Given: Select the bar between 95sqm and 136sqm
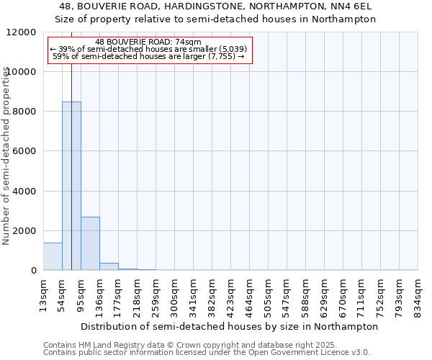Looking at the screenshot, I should point(90,243).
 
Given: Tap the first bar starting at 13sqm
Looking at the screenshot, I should point(53,256).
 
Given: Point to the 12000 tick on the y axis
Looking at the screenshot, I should point(23,32).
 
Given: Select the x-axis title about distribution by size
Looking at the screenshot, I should point(229,326).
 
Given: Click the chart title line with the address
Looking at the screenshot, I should point(215,6).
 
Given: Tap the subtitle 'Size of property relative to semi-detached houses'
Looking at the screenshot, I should point(215,19).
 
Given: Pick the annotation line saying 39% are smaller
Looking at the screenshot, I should point(148,49).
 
